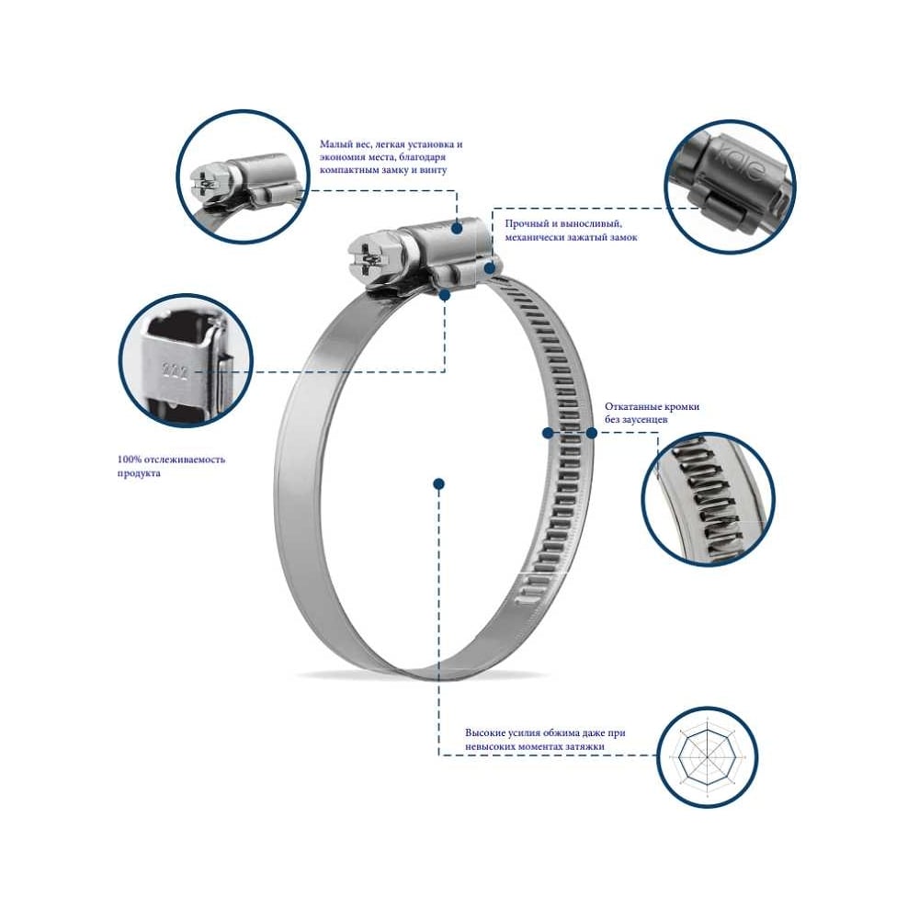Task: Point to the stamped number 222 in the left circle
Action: [175, 371]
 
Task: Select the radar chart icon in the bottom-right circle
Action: [708, 756]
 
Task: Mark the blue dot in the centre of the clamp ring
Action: [438, 483]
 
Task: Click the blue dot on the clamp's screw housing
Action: [456, 227]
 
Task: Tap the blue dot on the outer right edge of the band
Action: [591, 433]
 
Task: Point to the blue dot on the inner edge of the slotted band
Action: [548, 433]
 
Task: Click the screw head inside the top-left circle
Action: [205, 181]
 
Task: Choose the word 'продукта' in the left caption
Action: [139, 473]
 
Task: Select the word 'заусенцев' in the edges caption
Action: [643, 420]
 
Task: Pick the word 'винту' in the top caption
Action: [433, 170]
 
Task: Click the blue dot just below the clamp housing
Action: [444, 295]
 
